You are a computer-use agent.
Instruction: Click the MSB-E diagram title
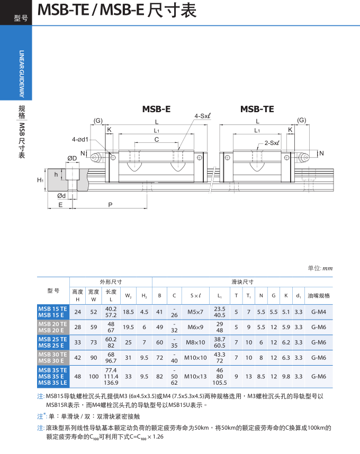[x=156, y=109]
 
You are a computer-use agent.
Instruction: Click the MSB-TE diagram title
[x=257, y=109]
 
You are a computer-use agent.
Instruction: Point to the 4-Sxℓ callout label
[x=203, y=116]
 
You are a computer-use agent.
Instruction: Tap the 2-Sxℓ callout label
[x=272, y=143]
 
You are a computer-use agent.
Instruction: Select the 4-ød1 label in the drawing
[x=80, y=140]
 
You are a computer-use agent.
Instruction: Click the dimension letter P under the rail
[x=110, y=204]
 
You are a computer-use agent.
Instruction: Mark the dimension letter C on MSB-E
[x=156, y=139]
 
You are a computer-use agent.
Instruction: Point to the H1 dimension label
[x=40, y=180]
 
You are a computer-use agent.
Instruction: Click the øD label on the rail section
[x=73, y=158]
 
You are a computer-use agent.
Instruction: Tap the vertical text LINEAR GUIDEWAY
[x=22, y=74]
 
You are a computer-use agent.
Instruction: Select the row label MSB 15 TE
[x=52, y=308]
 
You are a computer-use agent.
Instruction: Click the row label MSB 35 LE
[x=52, y=383]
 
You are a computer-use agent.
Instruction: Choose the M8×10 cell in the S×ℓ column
[x=195, y=342]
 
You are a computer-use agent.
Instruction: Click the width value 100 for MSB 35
[x=94, y=376]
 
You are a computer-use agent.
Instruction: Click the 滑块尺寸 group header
[x=242, y=282]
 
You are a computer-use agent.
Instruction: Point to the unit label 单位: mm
[x=320, y=268]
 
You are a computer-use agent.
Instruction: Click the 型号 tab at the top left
[x=21, y=19]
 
